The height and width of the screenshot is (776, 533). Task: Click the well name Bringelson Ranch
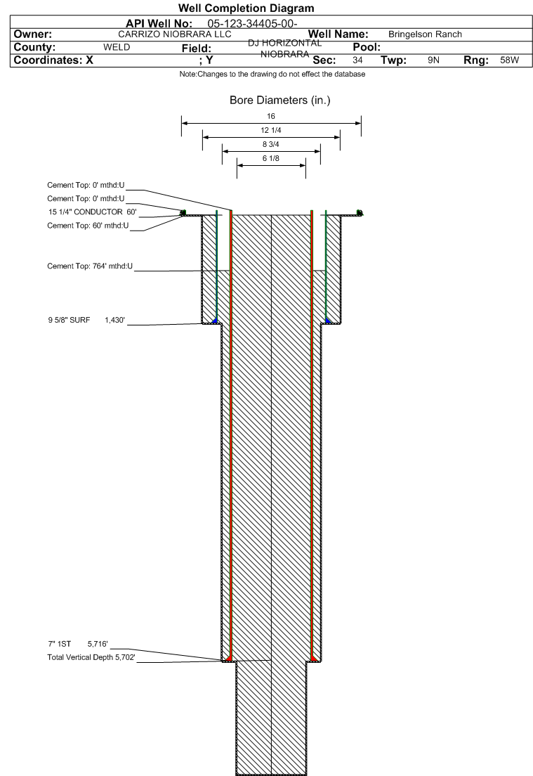point(424,35)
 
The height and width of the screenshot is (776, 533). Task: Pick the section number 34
point(357,61)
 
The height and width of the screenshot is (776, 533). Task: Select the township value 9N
point(433,61)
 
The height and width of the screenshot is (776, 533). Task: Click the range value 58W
point(509,61)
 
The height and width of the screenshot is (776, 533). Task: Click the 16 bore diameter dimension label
point(271,117)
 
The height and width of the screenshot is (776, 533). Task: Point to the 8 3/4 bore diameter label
point(271,144)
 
